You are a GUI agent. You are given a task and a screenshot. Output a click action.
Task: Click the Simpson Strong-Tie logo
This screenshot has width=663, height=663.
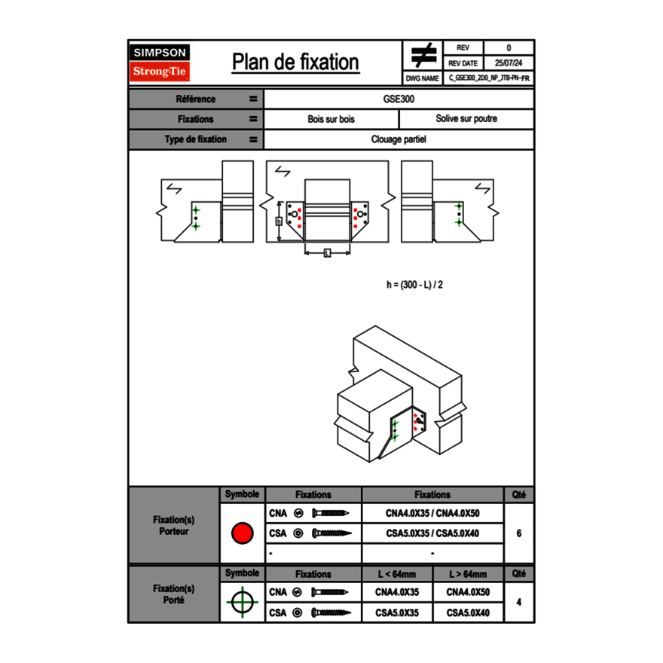click(160, 63)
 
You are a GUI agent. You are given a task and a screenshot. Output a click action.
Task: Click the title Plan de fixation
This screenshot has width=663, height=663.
click(295, 62)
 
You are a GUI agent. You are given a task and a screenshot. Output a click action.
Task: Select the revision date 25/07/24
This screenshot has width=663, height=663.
click(509, 63)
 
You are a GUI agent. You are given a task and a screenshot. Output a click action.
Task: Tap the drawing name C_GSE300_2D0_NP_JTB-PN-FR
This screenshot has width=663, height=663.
click(489, 78)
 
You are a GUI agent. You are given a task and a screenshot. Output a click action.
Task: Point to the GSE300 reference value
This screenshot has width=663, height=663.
click(399, 99)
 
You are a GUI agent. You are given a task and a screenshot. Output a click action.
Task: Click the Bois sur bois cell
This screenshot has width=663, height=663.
click(331, 119)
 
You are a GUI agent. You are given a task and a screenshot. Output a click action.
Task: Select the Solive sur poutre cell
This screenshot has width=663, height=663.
click(466, 119)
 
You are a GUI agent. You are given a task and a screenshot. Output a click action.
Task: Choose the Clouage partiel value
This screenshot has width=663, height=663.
click(399, 139)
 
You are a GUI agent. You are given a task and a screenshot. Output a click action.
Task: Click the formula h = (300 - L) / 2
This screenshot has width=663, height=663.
click(414, 285)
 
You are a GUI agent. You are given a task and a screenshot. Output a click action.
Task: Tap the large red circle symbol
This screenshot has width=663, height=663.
click(242, 533)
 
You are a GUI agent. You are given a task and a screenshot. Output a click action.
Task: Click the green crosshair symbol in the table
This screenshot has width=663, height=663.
click(242, 602)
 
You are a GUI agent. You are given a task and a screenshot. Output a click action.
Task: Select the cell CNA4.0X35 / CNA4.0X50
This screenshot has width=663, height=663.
click(432, 514)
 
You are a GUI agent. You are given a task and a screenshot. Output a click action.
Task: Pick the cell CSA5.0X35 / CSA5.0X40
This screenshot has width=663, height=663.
click(432, 533)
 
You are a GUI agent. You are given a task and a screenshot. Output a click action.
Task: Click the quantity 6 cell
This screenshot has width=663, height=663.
click(519, 533)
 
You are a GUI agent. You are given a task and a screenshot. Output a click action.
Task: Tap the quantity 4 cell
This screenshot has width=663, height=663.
click(519, 602)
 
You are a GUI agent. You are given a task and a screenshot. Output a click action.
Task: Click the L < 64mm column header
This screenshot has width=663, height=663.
click(398, 574)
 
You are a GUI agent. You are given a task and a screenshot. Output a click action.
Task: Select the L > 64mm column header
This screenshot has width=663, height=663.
click(468, 574)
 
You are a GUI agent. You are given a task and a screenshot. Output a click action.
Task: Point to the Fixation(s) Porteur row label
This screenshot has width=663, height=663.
click(174, 525)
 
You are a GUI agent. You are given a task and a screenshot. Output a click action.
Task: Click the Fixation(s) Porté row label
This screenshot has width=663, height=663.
click(174, 594)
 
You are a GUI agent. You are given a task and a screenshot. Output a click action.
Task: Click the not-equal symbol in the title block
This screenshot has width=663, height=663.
click(423, 56)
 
